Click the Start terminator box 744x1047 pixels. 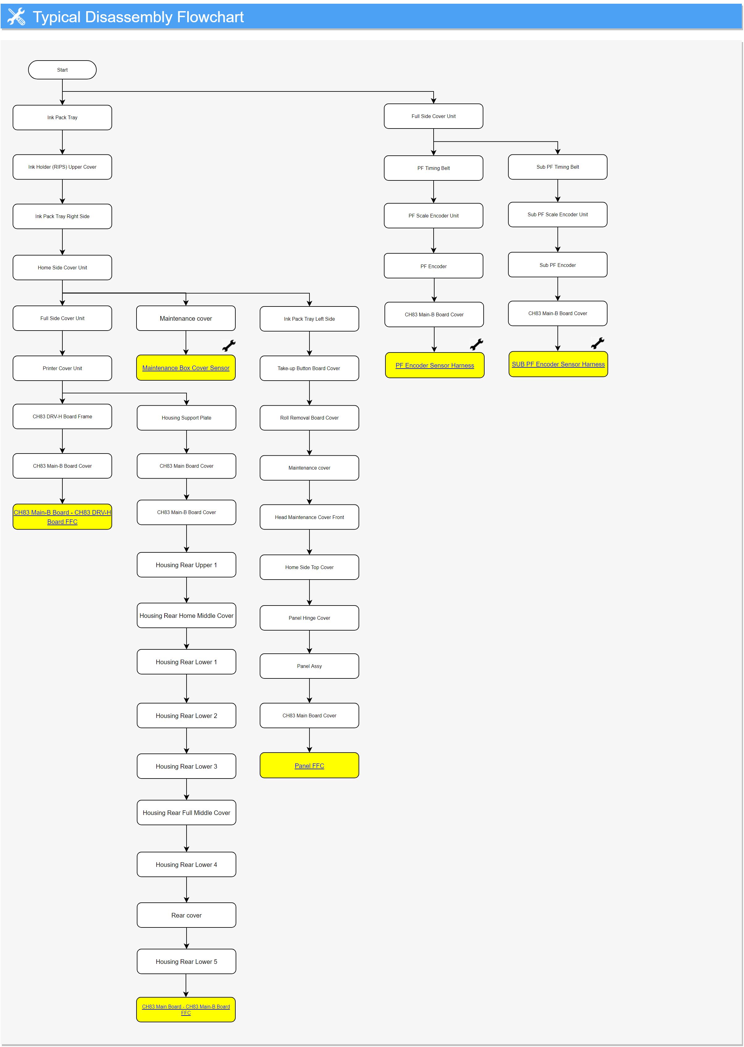click(x=62, y=70)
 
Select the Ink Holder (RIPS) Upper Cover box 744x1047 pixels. click(x=62, y=167)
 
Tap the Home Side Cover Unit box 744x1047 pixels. click(x=62, y=268)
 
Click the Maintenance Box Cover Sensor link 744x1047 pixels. click(x=186, y=368)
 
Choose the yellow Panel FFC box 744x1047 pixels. click(x=309, y=765)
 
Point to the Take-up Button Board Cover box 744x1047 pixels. click(x=309, y=368)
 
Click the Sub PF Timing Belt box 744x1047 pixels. click(x=557, y=167)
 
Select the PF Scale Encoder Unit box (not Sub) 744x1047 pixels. click(x=433, y=215)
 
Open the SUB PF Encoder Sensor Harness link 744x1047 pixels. click(x=558, y=364)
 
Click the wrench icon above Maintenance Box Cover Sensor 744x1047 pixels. click(x=229, y=345)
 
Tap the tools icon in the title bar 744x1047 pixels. click(x=16, y=16)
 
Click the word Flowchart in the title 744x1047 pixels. click(x=210, y=17)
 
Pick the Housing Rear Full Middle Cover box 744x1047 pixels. click(x=187, y=813)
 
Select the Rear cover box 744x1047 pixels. click(x=187, y=915)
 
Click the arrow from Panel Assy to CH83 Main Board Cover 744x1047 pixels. click(x=309, y=690)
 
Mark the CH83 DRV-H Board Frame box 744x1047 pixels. click(x=62, y=416)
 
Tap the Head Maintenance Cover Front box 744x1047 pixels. click(x=309, y=517)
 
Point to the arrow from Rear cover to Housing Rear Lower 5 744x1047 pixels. click(x=187, y=938)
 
